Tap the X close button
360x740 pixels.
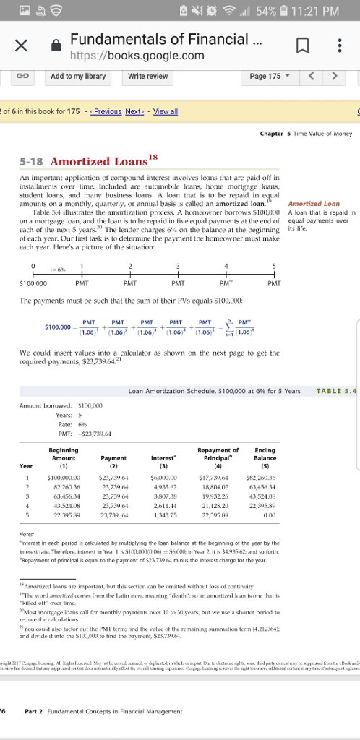coord(22,47)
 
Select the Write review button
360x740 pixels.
coord(147,76)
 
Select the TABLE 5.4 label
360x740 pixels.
coord(336,391)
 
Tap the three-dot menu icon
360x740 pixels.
coord(340,47)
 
